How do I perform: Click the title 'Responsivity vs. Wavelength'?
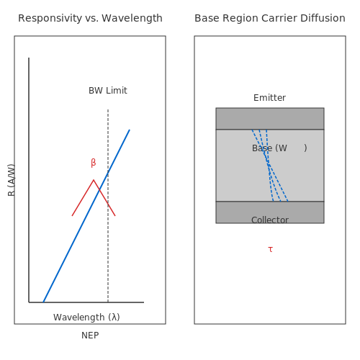point(90,18)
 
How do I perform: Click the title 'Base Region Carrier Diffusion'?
point(270,18)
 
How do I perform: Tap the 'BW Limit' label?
point(108,91)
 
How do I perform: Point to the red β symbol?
point(94,163)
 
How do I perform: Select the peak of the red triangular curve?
point(94,179)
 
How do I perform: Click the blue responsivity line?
point(86,216)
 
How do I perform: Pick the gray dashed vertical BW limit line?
point(108,206)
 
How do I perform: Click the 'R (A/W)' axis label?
point(12,180)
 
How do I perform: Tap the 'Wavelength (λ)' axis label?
point(86,318)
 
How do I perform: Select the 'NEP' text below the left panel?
point(90,336)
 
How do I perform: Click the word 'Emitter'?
point(269,98)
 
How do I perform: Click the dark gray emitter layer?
point(270,119)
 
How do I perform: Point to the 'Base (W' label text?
point(269,148)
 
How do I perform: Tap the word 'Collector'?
point(270,220)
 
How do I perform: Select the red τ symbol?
point(270,249)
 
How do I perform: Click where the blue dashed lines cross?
point(269,164)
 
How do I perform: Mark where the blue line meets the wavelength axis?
point(43,302)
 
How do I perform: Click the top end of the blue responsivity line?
point(130,130)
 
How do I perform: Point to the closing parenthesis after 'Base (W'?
point(305,148)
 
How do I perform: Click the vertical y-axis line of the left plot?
point(29,180)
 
